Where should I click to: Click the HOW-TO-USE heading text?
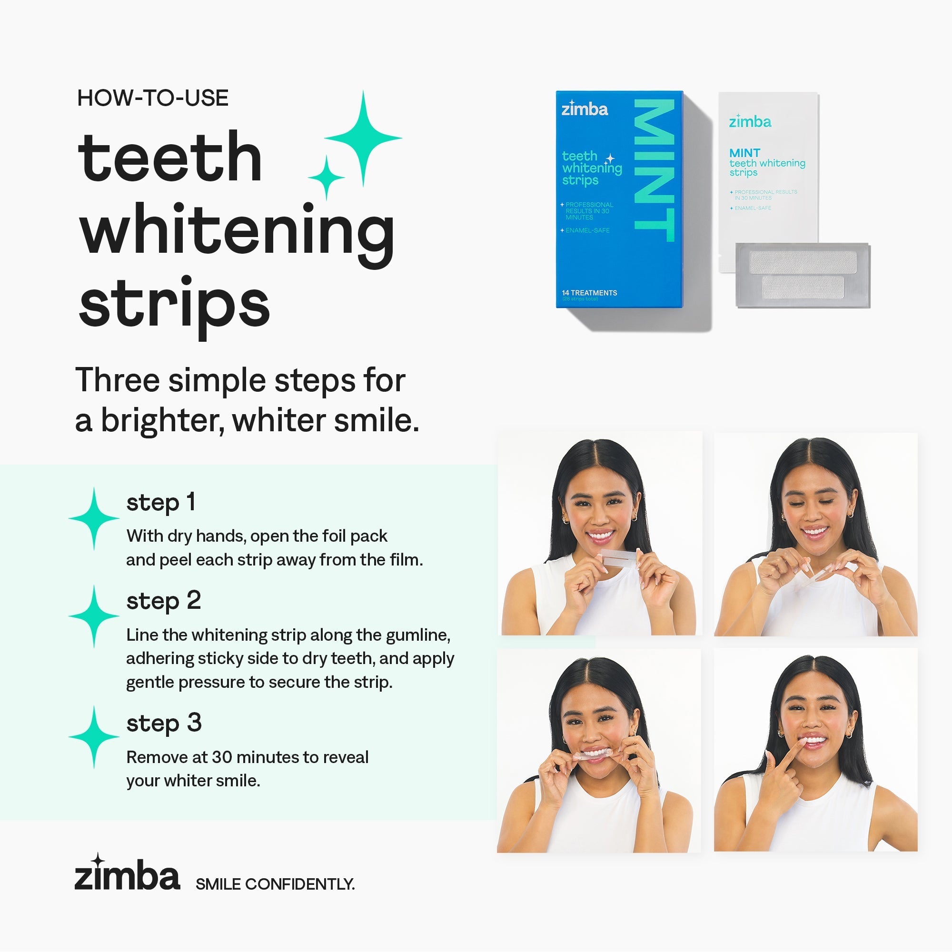tap(153, 99)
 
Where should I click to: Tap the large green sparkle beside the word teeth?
tap(363, 139)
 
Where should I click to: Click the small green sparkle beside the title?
tap(326, 177)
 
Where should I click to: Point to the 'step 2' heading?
tap(164, 601)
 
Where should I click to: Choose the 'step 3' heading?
tap(164, 723)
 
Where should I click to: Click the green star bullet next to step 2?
tap(94, 616)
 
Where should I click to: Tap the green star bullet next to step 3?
tap(94, 737)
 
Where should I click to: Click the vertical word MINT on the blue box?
tap(654, 170)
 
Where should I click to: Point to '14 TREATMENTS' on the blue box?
tap(589, 293)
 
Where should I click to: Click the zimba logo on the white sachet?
tap(750, 121)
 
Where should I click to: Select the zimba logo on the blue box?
tap(585, 109)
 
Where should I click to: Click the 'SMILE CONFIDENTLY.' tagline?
tap(275, 884)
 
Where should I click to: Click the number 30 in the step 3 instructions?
tap(222, 757)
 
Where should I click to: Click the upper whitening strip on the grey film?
tap(803, 262)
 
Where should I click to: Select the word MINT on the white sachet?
tap(744, 153)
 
